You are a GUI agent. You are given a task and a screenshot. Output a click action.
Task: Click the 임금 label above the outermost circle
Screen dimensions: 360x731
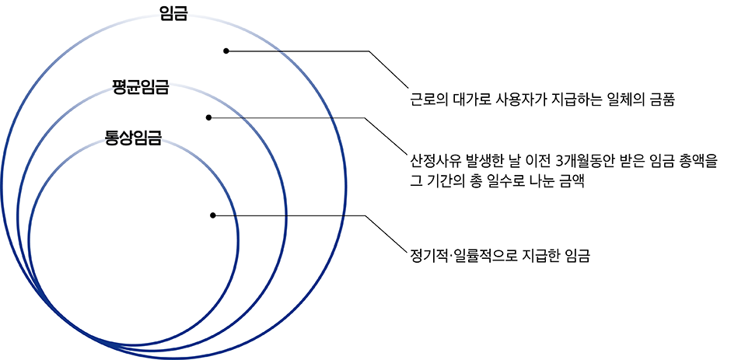[173, 14]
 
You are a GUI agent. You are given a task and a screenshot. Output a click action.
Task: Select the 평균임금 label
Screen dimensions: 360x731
[140, 86]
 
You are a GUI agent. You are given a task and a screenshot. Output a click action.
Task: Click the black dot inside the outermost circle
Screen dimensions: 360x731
[226, 51]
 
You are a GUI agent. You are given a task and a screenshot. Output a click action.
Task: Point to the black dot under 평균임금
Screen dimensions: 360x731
[208, 118]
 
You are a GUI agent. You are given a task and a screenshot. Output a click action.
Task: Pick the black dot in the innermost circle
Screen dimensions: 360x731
[212, 215]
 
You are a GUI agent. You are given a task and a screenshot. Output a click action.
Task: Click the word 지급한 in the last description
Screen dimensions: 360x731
[537, 254]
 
